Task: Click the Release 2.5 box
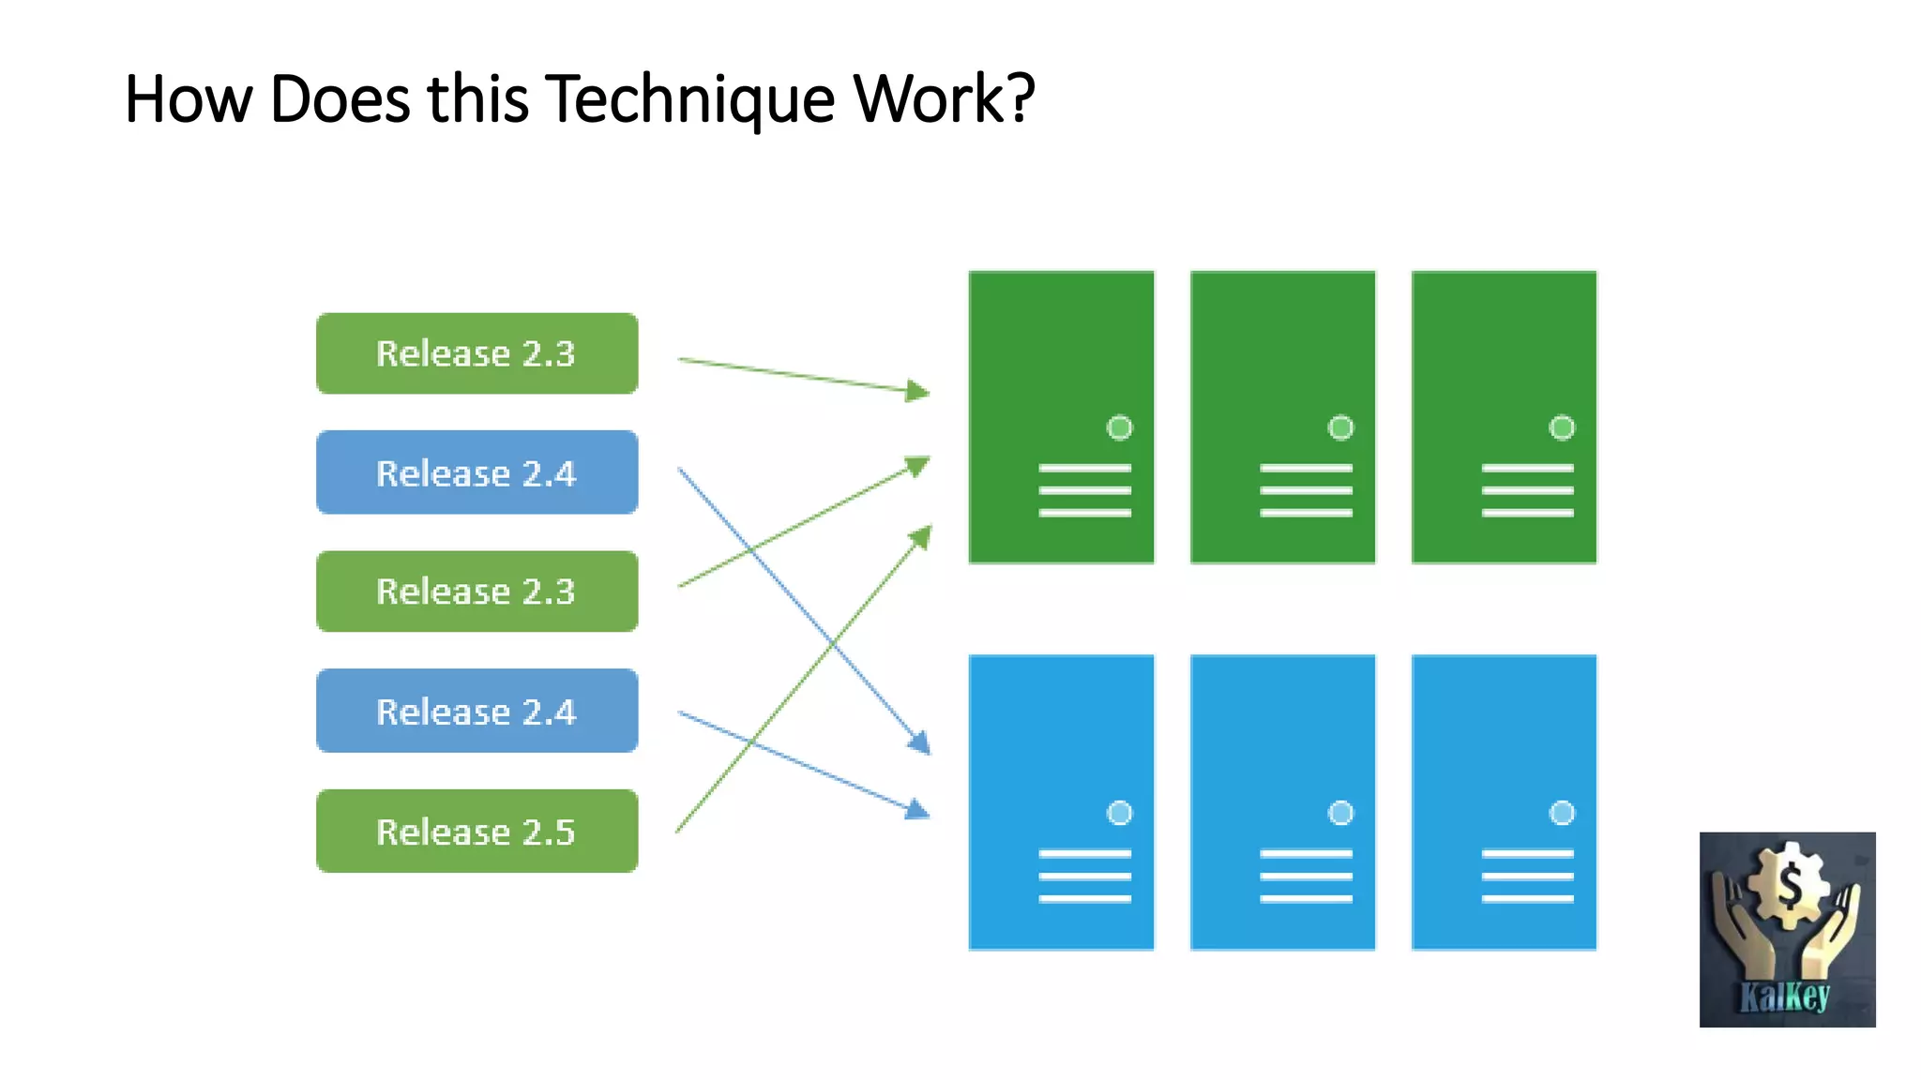click(476, 832)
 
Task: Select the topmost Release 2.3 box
click(476, 353)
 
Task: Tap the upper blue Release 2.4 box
click(476, 472)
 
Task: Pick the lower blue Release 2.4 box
click(476, 712)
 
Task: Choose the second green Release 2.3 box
click(476, 592)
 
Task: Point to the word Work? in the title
click(944, 97)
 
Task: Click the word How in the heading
click(189, 97)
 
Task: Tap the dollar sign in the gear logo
click(1790, 884)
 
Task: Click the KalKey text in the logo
click(1785, 996)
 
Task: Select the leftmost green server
click(1061, 417)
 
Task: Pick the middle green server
click(1282, 417)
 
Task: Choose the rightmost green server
click(1504, 417)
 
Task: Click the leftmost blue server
click(1061, 802)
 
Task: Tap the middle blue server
click(1282, 802)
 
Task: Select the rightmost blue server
click(1504, 802)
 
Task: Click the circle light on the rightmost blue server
click(1562, 813)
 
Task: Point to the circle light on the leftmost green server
click(1119, 428)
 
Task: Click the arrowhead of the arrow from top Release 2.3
click(918, 391)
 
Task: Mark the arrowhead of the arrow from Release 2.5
click(921, 537)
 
